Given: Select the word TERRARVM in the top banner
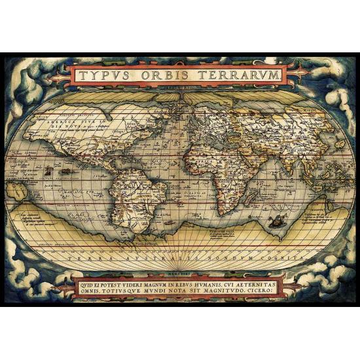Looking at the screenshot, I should tap(240, 75).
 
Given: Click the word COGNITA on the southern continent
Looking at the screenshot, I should tap(279, 259).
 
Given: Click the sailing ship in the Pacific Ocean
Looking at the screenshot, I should tap(48, 171).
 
